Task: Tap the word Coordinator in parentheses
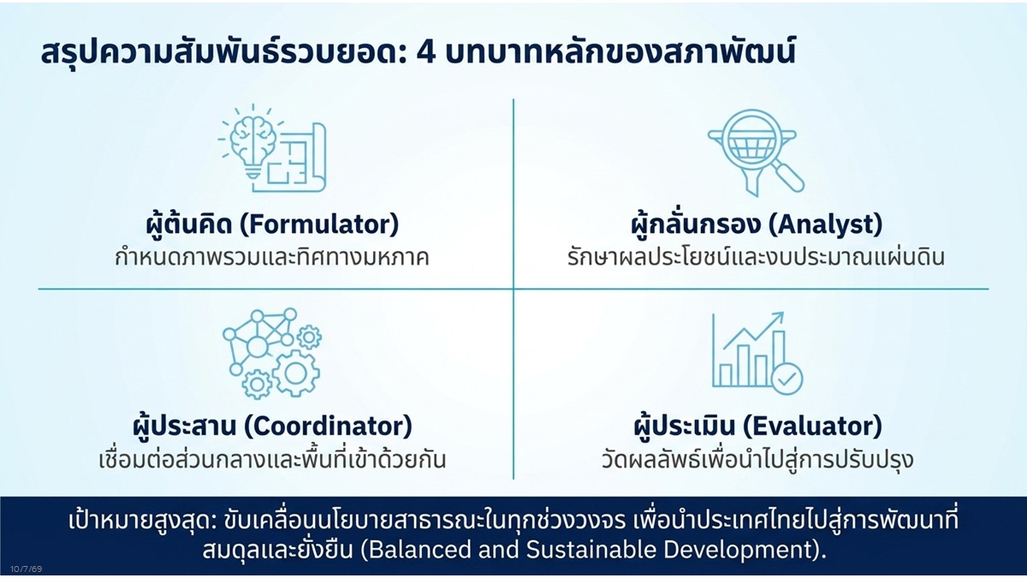coord(328,426)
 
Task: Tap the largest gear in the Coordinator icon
coord(296,373)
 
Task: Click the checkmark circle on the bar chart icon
coord(787,378)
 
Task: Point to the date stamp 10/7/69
coord(27,569)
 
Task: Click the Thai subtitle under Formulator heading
coord(271,257)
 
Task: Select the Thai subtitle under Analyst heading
coord(756,257)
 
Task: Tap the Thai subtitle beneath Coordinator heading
coord(272,459)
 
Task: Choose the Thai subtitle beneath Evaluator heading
coord(757,460)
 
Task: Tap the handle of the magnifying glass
coord(789,177)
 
